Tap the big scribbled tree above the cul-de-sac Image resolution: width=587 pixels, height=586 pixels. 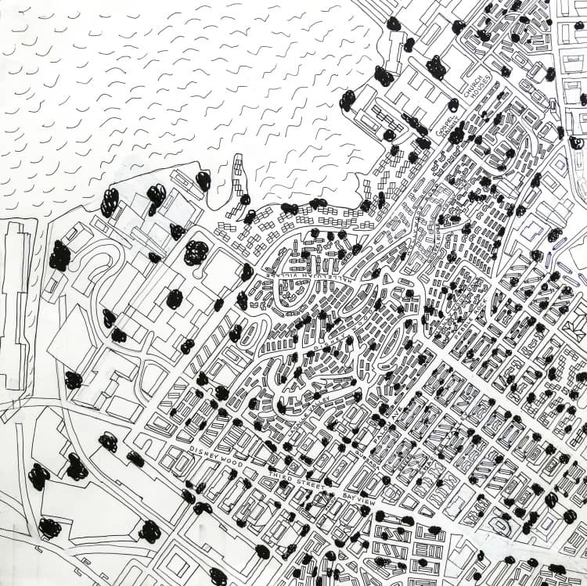coord(196,252)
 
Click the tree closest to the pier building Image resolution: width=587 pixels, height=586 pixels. coord(59,256)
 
